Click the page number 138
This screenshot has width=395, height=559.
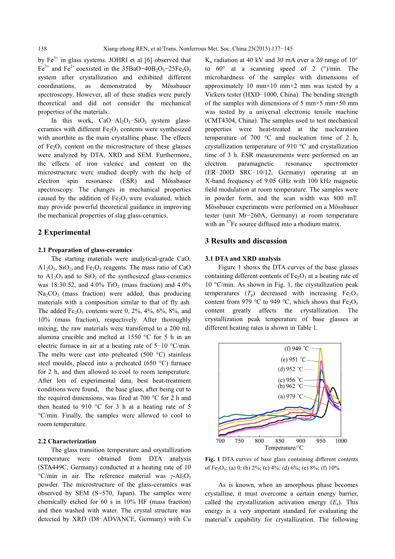point(42,49)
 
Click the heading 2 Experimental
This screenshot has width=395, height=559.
point(64,232)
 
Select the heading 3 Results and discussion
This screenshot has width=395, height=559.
point(246,241)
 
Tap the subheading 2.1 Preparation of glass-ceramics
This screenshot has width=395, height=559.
point(85,250)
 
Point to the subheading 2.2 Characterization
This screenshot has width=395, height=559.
point(67,441)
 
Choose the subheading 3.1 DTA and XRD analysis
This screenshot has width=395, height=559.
point(243,259)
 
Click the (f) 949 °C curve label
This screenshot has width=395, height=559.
point(297,348)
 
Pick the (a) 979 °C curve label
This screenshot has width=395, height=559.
point(290,396)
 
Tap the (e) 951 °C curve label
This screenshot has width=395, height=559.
point(293,360)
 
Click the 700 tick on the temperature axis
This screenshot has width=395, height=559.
point(220,441)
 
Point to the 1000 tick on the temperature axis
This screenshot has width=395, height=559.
point(341,441)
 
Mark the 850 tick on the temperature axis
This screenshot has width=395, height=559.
point(280,441)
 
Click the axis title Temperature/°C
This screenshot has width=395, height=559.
point(284,448)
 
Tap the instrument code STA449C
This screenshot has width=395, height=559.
point(54,467)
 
